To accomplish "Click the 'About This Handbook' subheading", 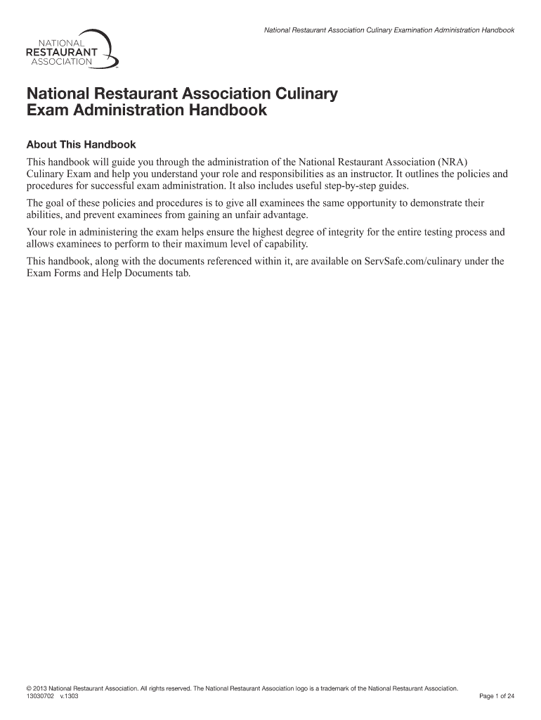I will [81, 145].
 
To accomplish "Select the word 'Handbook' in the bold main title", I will [228, 110].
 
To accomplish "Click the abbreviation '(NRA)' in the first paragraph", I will [452, 161].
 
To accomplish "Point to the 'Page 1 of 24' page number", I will [497, 696].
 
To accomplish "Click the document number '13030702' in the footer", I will [39, 696].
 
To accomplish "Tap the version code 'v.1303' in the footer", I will [69, 696].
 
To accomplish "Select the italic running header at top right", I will [389, 30].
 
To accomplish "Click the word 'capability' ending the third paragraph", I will [284, 244].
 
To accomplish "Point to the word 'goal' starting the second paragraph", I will [59, 203].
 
